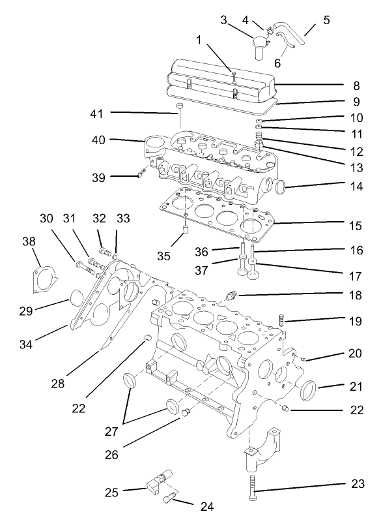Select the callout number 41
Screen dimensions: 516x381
tap(98, 113)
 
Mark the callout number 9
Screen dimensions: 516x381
tap(356, 102)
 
